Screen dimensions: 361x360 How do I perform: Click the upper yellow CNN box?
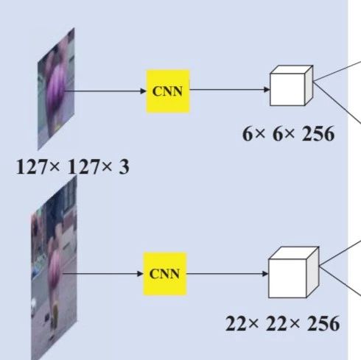168,91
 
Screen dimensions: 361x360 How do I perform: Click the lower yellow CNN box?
165,274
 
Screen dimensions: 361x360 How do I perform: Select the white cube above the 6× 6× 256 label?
292,85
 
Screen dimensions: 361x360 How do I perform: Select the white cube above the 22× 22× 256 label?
294,272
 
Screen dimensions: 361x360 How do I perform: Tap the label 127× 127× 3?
72,167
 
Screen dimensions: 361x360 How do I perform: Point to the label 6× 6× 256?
288,134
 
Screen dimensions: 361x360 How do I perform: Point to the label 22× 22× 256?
282,324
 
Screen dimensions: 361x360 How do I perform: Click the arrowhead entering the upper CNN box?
143,91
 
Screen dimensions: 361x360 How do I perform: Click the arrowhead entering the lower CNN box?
140,274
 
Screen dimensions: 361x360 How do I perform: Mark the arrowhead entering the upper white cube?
267,90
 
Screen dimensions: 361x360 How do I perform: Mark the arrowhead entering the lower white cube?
265,273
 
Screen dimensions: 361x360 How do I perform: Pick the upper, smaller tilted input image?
56,89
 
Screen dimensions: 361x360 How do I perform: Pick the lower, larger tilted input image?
54,268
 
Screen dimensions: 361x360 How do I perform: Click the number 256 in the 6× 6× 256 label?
318,134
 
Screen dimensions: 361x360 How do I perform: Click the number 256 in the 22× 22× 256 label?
323,324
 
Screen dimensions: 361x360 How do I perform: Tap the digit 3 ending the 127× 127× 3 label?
124,167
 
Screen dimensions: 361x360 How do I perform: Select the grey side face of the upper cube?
309,85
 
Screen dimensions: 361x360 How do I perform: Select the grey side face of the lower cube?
313,272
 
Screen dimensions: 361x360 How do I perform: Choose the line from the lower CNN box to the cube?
228,273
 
